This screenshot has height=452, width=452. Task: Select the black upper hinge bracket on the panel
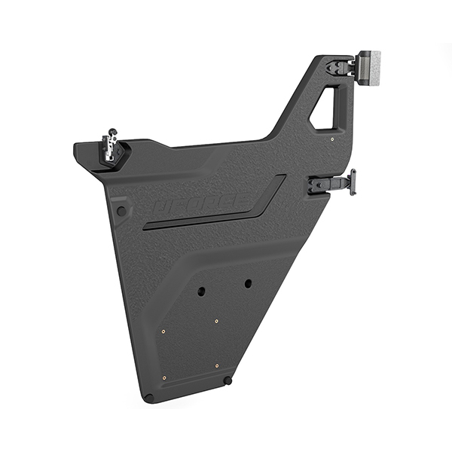point(341,67)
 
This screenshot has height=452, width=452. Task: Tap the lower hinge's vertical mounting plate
point(352,182)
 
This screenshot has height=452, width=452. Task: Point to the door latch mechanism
point(111,149)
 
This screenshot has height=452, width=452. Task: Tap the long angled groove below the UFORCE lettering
point(218,211)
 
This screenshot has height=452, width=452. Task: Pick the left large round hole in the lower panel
point(201,292)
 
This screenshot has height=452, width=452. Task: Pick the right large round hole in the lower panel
point(247,283)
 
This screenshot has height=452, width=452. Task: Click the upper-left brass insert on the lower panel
point(163,329)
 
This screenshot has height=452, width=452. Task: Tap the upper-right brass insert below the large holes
point(216,321)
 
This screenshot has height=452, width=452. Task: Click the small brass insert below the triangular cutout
point(332,139)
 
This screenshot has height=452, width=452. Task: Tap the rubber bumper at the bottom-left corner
point(149,397)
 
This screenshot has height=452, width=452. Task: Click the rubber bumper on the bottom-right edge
point(228,380)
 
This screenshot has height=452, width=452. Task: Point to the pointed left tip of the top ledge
point(76,147)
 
